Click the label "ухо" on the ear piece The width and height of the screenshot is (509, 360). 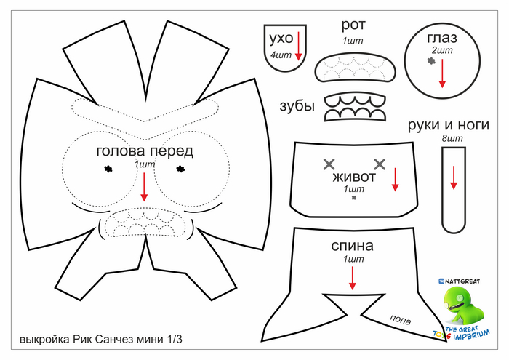[281, 38]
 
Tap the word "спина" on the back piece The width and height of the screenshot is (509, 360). [352, 246]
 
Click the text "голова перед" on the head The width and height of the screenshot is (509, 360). [145, 151]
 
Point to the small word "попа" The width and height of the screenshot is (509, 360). [401, 318]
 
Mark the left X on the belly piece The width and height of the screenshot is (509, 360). [329, 162]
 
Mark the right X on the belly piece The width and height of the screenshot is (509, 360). [380, 162]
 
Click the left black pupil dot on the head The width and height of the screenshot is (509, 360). [108, 169]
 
